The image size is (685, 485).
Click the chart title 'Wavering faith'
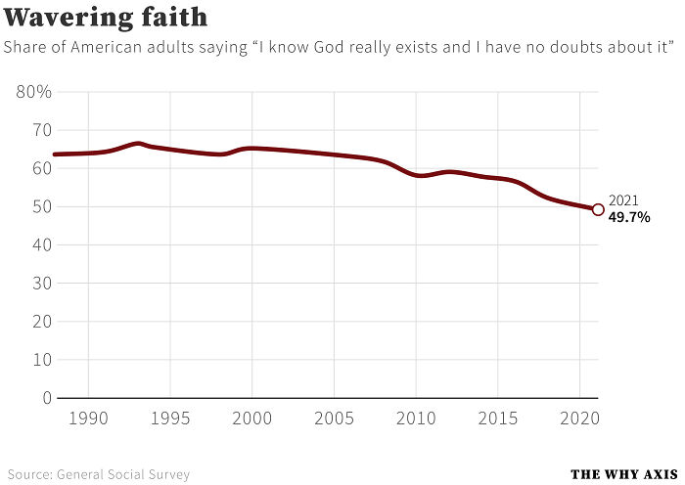click(x=106, y=18)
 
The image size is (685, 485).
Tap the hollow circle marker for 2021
click(x=598, y=208)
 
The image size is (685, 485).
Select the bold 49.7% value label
click(x=629, y=217)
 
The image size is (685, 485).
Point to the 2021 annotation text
click(x=623, y=200)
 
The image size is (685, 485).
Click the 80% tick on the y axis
click(x=34, y=92)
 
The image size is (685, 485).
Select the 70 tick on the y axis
click(x=39, y=130)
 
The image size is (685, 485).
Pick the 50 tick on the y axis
click(x=39, y=207)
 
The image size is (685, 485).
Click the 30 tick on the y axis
click(x=39, y=284)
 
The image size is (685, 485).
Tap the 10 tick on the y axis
click(x=39, y=360)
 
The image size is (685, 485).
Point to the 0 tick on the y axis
click(x=46, y=398)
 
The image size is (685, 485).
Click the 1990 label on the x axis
click(x=88, y=419)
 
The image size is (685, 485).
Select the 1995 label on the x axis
click(x=170, y=419)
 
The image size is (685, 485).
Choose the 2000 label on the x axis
click(x=252, y=419)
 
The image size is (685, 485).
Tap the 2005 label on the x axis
click(x=335, y=419)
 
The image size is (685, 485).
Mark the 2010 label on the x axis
click(x=417, y=419)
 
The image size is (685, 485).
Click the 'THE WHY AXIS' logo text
click(x=624, y=474)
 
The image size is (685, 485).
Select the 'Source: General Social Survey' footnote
click(x=98, y=474)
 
